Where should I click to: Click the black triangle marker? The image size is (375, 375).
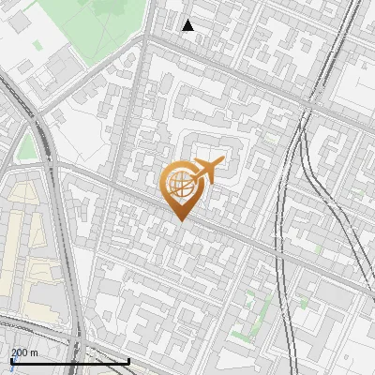tap(188, 25)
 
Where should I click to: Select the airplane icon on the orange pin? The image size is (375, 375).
tap(206, 170)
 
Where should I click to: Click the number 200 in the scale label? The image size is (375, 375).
tap(19, 352)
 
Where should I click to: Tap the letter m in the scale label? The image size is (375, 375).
tap(34, 352)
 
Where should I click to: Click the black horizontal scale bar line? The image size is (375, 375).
tap(70, 361)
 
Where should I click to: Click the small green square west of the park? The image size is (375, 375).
tap(37, 44)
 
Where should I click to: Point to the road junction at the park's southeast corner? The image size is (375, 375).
tap(145, 37)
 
